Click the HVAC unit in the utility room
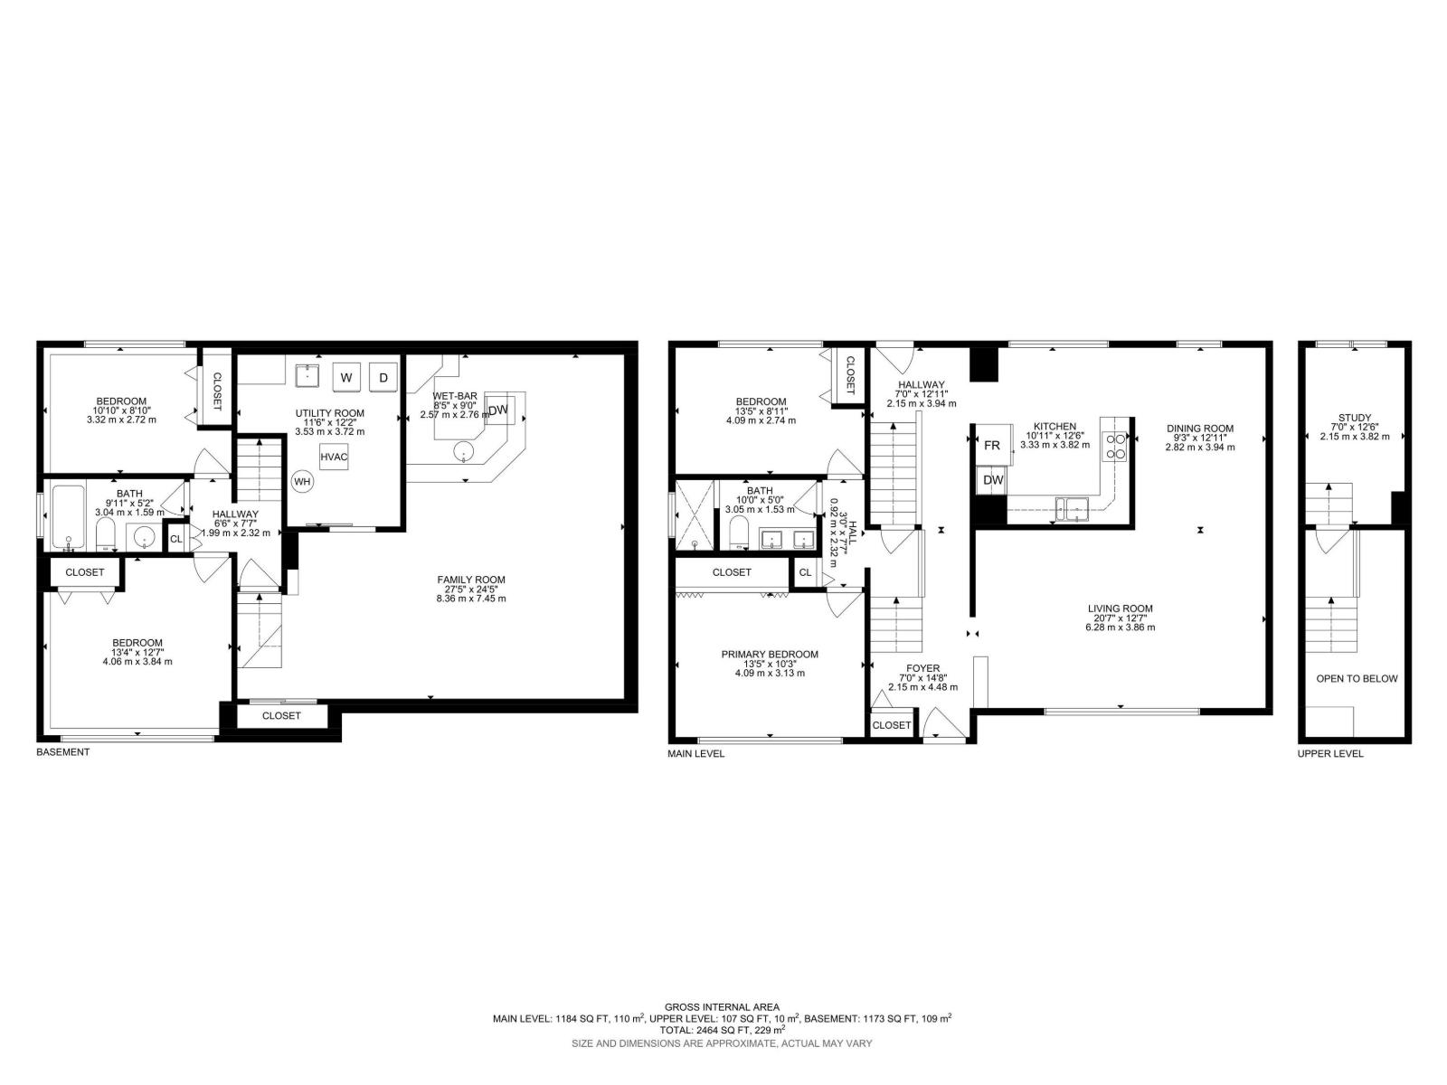coord(335,457)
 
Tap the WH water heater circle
coord(302,482)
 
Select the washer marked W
coord(346,377)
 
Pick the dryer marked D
coord(383,377)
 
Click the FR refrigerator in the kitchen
coord(994,445)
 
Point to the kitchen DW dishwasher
coord(992,480)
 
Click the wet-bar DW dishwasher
coord(498,410)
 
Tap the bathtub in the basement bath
coord(68,518)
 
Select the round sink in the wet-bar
coord(464,452)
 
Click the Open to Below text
coord(1357,678)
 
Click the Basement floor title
coord(62,751)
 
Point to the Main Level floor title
coord(695,754)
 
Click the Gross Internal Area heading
coord(722,1006)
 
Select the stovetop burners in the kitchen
coord(1115,446)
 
